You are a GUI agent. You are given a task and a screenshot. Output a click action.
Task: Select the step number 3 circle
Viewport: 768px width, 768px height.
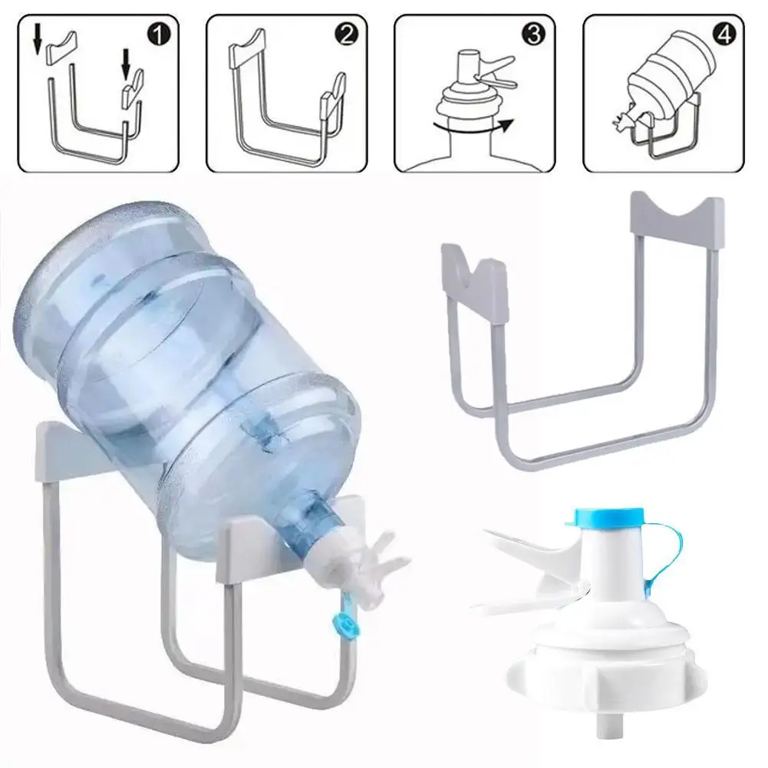coord(535,35)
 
